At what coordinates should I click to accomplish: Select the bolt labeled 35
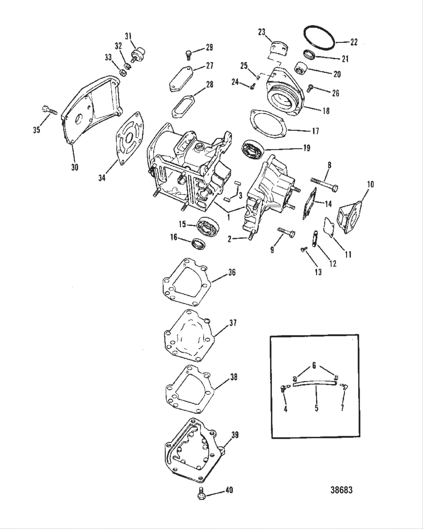48,111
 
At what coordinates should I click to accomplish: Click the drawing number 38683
341,490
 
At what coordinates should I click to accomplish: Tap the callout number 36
232,272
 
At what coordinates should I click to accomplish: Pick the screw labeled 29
188,54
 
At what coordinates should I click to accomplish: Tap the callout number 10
370,184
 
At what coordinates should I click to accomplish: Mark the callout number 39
235,435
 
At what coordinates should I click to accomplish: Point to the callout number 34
102,178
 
